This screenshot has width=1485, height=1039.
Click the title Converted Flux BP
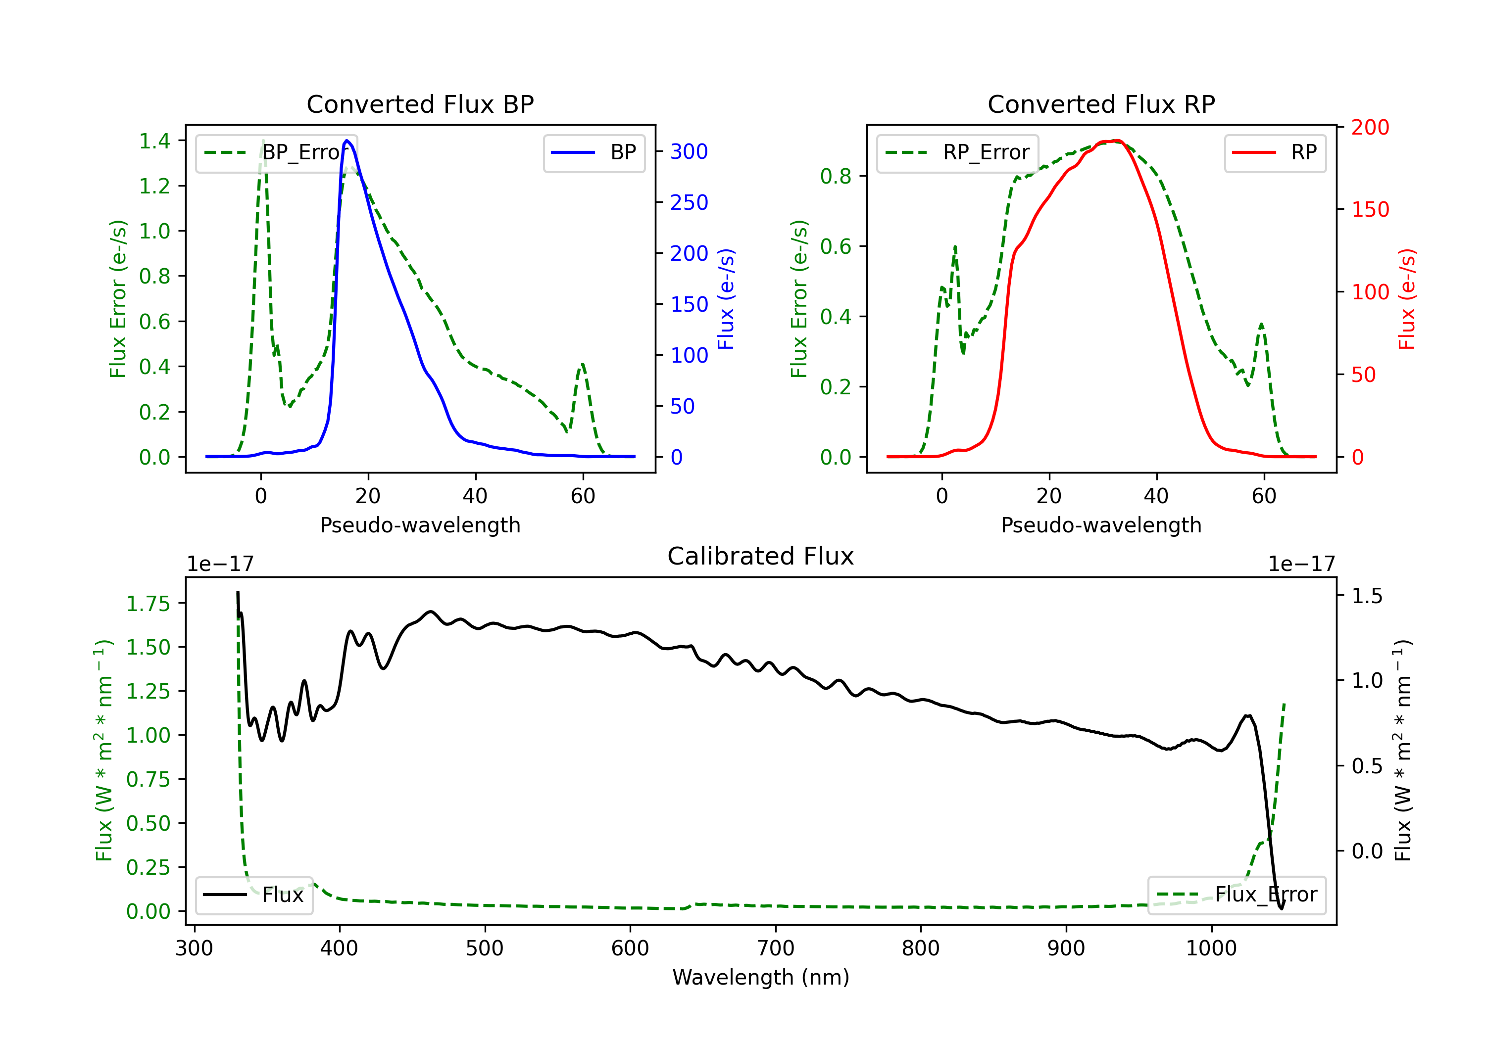[420, 104]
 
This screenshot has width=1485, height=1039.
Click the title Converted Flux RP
[1101, 104]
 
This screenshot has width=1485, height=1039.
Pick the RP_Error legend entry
[958, 152]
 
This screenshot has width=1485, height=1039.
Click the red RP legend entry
[1275, 152]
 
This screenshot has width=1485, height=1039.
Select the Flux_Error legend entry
[1237, 895]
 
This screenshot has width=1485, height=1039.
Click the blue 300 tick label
[689, 152]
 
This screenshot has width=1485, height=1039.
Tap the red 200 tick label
[1370, 127]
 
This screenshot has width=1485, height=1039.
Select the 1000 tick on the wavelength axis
[1211, 948]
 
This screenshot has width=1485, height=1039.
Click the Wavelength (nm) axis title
[761, 977]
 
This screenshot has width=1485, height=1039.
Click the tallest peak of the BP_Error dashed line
[262, 142]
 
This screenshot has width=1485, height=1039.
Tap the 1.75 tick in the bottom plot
[148, 604]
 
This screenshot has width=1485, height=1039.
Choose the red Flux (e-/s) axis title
[1407, 299]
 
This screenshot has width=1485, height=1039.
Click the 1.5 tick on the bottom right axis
[1367, 596]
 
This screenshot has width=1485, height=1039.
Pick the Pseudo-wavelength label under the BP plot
[420, 525]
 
